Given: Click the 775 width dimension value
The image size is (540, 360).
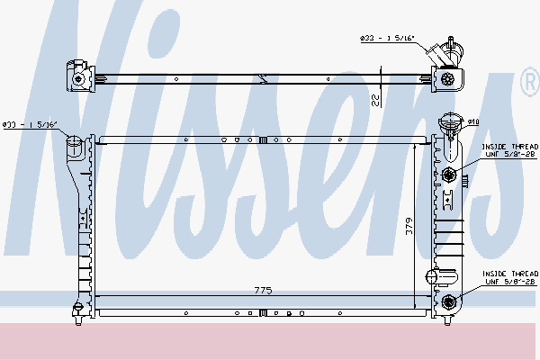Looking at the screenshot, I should coord(262,290).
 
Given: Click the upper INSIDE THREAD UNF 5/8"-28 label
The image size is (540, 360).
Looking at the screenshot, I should coord(510,150).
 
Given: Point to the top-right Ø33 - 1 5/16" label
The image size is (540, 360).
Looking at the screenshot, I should coord(388,39).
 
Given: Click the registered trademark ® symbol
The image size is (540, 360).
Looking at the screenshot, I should coord(528,84).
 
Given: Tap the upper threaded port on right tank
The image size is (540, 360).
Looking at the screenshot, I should coord(449,174).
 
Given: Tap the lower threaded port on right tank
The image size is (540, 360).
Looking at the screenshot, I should coord(449,301).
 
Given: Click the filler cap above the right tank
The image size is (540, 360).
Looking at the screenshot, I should coord(449,121).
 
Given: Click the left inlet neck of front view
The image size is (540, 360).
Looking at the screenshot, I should coord(75,143).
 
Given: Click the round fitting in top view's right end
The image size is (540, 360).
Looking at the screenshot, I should coord(447,79).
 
